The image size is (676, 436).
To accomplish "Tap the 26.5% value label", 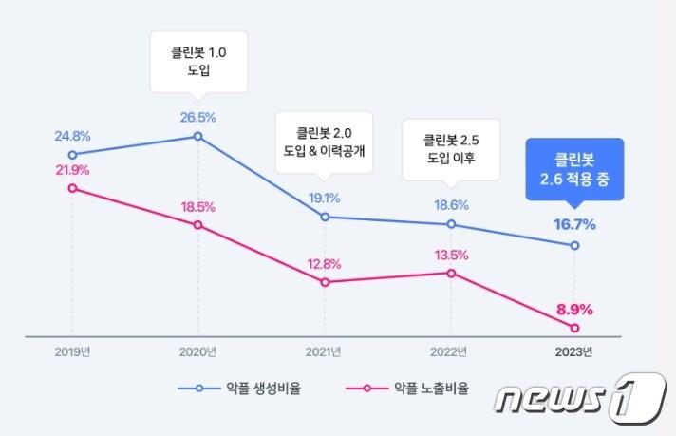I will click(198, 118).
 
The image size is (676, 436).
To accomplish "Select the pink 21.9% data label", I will click(72, 170).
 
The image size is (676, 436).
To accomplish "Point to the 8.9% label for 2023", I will click(574, 309).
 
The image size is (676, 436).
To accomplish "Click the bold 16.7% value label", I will click(574, 225).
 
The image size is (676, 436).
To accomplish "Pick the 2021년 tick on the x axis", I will click(325, 352).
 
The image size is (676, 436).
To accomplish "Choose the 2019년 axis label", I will click(72, 352).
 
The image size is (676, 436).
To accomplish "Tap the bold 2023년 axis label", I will click(574, 352).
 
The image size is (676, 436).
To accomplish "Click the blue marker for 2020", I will click(198, 137).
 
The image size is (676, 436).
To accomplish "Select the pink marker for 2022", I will click(451, 274).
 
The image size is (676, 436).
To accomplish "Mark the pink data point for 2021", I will click(325, 282).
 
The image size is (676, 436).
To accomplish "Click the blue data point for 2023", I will click(574, 246).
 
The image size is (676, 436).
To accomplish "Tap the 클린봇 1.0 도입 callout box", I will click(198, 62).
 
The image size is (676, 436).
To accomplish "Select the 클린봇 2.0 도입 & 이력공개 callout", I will click(325, 142).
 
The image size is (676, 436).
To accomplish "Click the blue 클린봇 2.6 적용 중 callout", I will click(574, 168).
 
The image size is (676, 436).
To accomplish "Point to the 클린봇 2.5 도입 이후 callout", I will click(451, 147).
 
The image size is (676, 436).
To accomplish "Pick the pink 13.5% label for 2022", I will click(451, 255).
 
